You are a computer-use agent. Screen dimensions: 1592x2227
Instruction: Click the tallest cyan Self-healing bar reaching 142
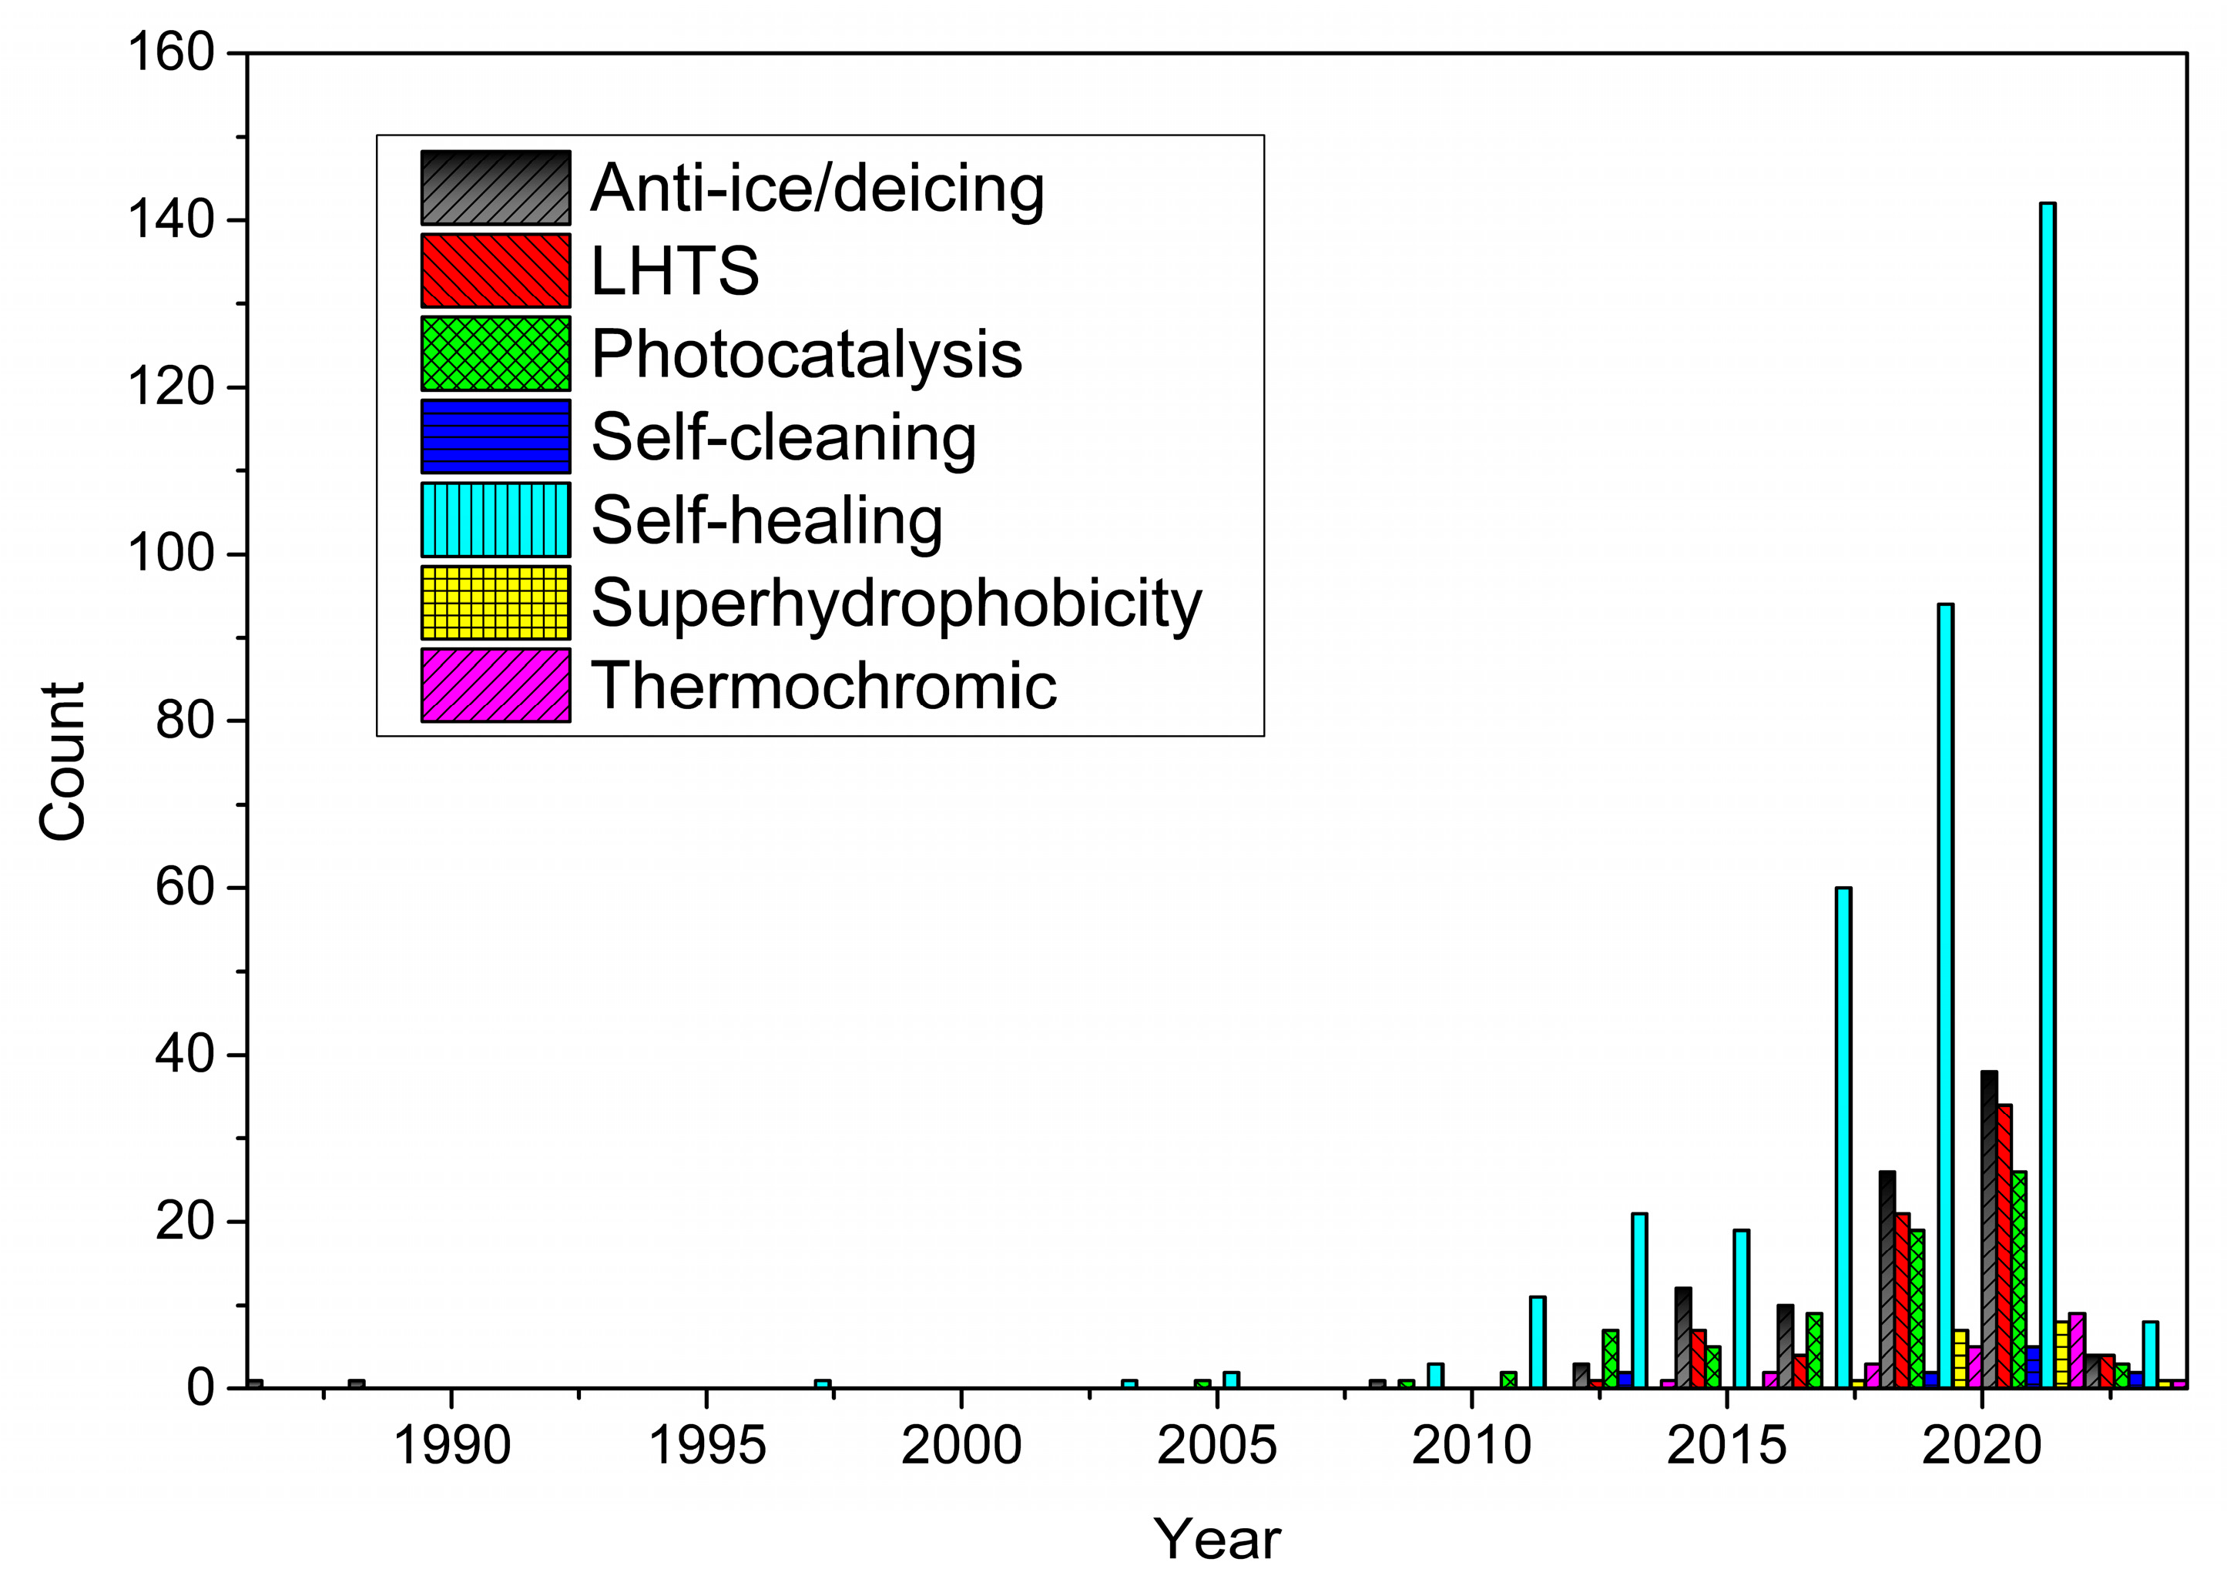point(2048,794)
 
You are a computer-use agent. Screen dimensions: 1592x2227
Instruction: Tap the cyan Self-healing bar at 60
point(1843,1137)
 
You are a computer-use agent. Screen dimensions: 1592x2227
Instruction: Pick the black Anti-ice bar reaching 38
point(1989,1230)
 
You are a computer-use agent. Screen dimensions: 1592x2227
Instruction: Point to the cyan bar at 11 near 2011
point(1538,1343)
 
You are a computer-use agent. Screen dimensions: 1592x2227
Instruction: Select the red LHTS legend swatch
point(495,270)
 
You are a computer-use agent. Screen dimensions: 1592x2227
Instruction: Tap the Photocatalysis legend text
point(806,354)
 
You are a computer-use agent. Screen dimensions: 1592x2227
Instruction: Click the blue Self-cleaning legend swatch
point(495,436)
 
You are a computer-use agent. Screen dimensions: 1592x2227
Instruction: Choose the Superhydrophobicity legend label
point(895,603)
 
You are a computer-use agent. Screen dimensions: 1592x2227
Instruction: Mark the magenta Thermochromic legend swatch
point(495,685)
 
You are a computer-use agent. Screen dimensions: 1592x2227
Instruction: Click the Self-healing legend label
point(766,520)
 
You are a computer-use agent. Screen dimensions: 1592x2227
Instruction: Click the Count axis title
point(62,761)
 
